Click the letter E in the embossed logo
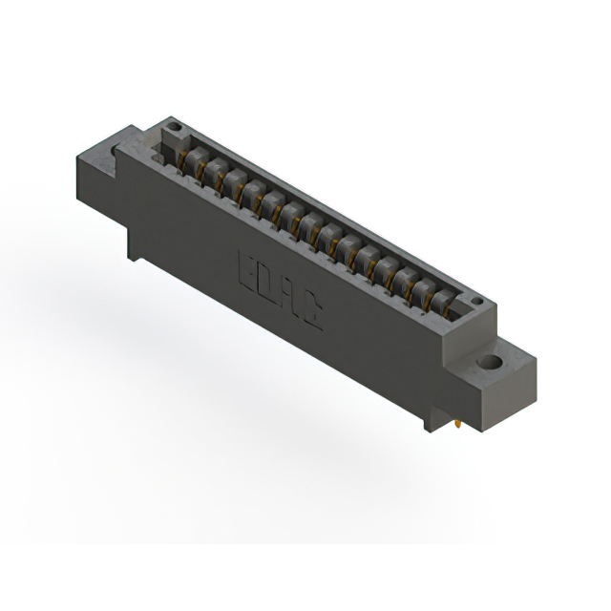click(245, 267)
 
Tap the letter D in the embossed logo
click(266, 283)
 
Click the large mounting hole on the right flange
click(490, 364)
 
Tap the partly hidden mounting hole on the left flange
click(116, 150)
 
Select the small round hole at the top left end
click(173, 126)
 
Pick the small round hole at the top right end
click(477, 303)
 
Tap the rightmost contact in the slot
click(441, 300)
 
